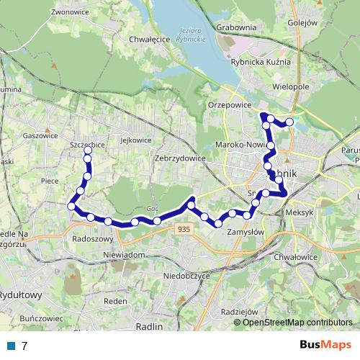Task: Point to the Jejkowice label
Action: [137, 140]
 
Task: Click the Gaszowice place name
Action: [40, 135]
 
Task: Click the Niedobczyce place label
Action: [186, 274]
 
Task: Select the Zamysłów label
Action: [246, 232]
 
